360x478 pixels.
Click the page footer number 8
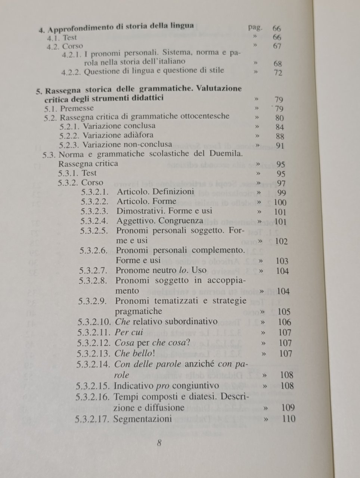click(159, 443)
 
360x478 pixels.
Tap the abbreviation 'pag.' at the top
click(255, 28)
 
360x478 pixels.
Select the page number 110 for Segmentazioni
click(289, 419)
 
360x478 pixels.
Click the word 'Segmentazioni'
click(143, 419)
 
